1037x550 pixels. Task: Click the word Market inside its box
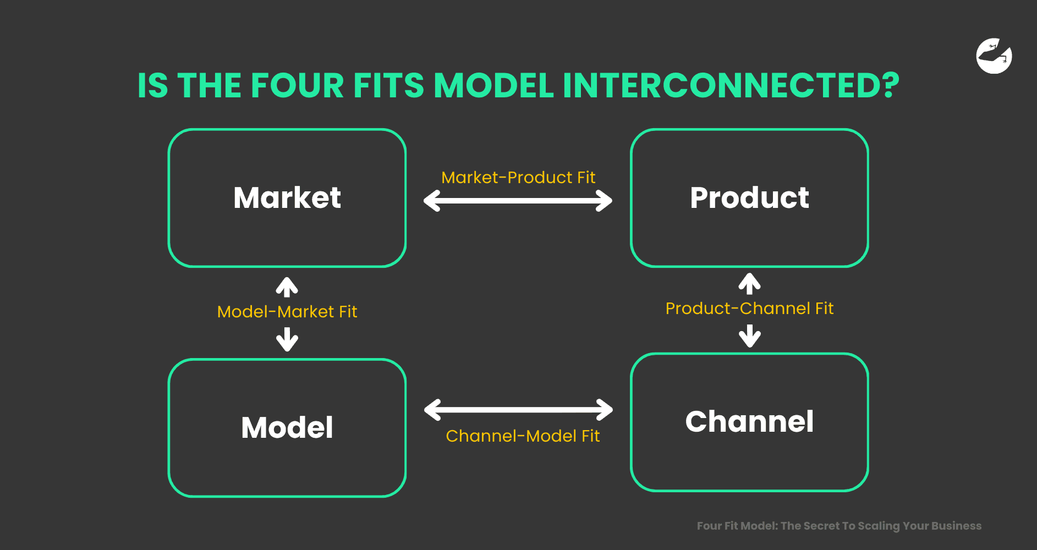tap(287, 198)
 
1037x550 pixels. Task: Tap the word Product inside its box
tap(749, 198)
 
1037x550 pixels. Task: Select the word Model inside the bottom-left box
tap(287, 428)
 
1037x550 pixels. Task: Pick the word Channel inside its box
tap(749, 422)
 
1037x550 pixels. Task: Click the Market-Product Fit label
tap(518, 178)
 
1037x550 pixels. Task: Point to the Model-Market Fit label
tap(287, 312)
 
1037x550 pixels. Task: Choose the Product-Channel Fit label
tap(749, 309)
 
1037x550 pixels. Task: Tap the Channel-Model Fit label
tap(523, 436)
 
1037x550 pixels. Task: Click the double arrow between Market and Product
tap(518, 201)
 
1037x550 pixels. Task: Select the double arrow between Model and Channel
tap(518, 410)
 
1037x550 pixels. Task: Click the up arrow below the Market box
tap(287, 287)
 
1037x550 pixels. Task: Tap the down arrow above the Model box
tap(287, 339)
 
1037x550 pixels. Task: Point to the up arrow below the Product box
tap(749, 284)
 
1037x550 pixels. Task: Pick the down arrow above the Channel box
tap(750, 335)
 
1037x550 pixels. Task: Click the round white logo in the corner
tap(994, 56)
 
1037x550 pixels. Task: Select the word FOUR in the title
tap(297, 86)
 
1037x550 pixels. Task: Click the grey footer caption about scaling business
tap(839, 526)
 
